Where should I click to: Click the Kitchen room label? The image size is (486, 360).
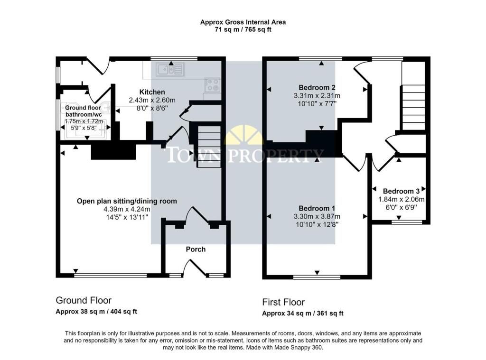click(152, 92)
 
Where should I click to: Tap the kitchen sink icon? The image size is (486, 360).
click(170, 69)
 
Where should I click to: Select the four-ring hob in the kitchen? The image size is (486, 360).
click(212, 84)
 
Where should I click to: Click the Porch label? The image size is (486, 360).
click(196, 249)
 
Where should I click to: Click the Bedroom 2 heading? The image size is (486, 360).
click(317, 87)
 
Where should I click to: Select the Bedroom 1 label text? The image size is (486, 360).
click(317, 208)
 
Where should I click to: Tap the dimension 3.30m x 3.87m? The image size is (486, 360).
click(317, 216)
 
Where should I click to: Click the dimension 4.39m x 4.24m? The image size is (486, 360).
click(127, 209)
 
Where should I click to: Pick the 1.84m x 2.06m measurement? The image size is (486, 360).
click(401, 199)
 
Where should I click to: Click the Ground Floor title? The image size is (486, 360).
click(84, 300)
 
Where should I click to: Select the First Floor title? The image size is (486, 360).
click(283, 302)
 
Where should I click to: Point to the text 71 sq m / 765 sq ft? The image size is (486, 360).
click(243, 30)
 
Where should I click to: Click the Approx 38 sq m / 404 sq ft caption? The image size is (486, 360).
click(96, 311)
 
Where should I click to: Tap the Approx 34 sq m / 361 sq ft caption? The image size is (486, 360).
click(302, 313)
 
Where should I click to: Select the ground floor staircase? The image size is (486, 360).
click(210, 145)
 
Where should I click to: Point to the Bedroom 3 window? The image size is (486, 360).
click(406, 222)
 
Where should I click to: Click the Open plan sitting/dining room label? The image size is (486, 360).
click(127, 201)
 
